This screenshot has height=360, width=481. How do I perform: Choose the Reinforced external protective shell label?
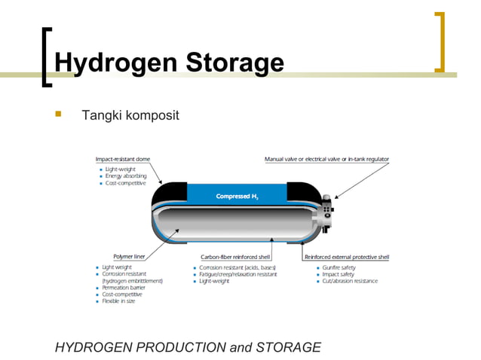coord(347,257)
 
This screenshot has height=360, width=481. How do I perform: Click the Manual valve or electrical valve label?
coord(326,159)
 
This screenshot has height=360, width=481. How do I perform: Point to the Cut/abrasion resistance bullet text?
coord(350,281)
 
